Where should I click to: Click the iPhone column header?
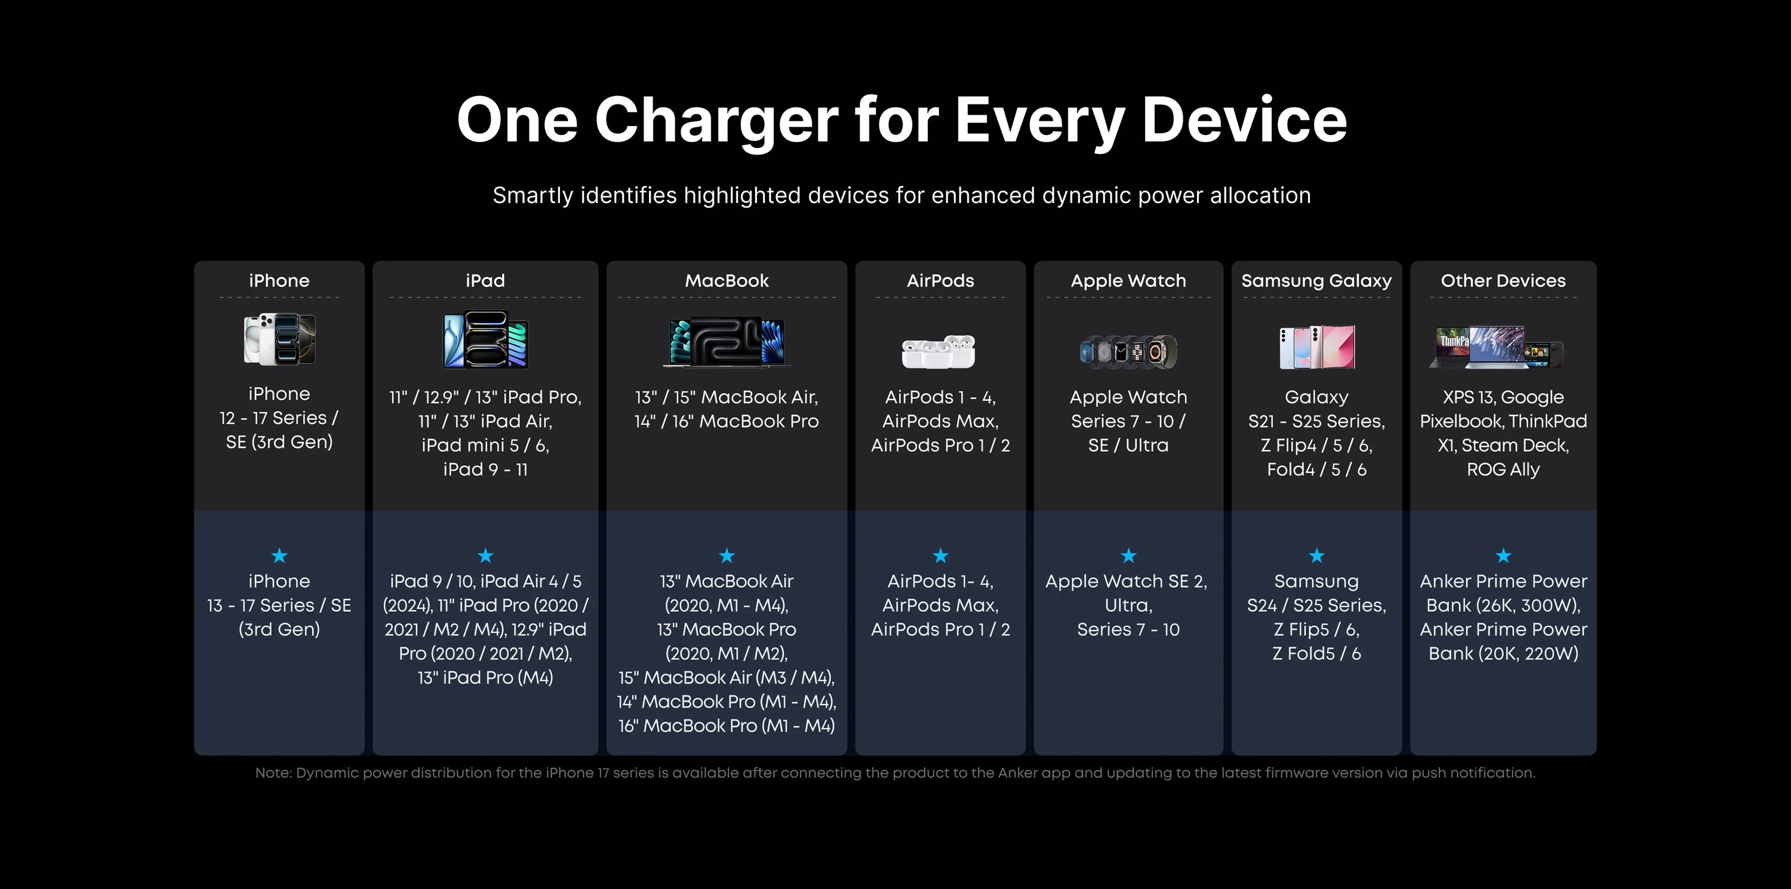(279, 281)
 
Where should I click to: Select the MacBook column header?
(727, 281)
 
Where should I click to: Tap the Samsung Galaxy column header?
(1316, 281)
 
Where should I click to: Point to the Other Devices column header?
(1503, 281)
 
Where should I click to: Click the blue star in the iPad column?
(485, 555)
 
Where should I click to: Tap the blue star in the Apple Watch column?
(1128, 555)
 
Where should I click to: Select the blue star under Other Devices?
(1503, 555)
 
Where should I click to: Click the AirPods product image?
(939, 351)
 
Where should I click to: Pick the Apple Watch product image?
(1128, 352)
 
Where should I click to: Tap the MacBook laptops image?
(727, 342)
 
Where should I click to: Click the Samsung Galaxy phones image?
(1317, 347)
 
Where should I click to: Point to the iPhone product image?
(279, 339)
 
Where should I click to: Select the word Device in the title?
(1245, 119)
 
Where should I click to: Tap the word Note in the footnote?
(272, 773)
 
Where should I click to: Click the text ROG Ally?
(1503, 470)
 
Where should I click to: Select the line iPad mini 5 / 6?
(485, 445)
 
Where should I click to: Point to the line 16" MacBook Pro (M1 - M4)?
(727, 725)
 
